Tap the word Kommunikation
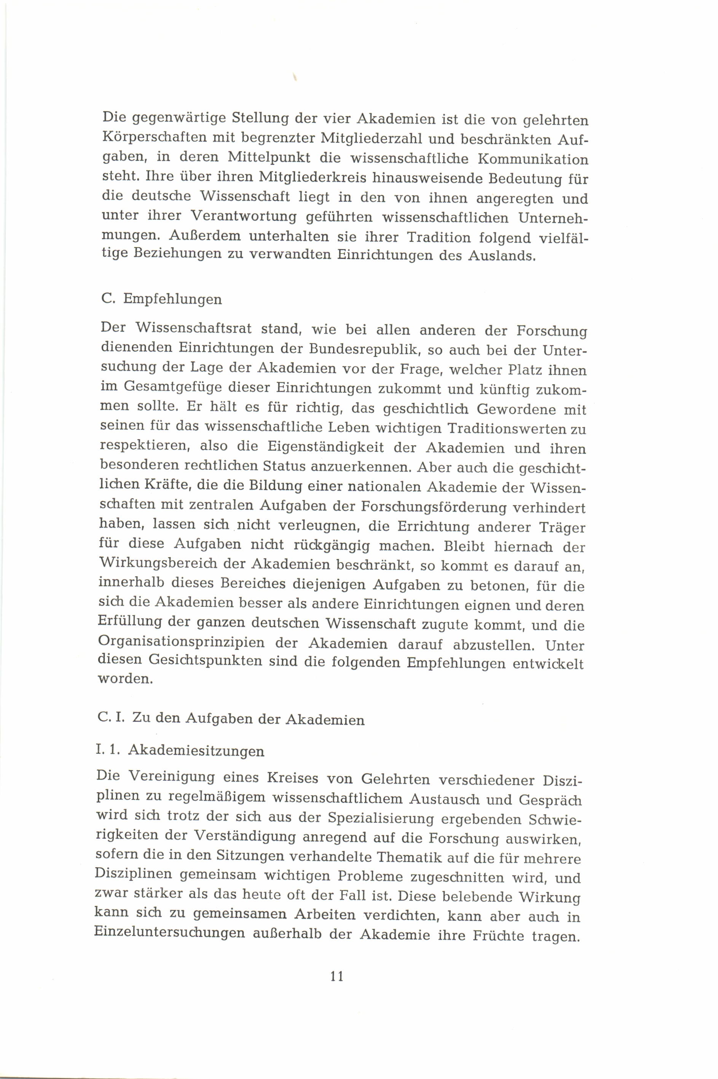pyautogui.click(x=533, y=159)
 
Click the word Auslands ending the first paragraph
pyautogui.click(x=501, y=256)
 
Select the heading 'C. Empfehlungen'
pyautogui.click(x=162, y=299)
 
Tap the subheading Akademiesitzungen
pyautogui.click(x=196, y=751)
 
